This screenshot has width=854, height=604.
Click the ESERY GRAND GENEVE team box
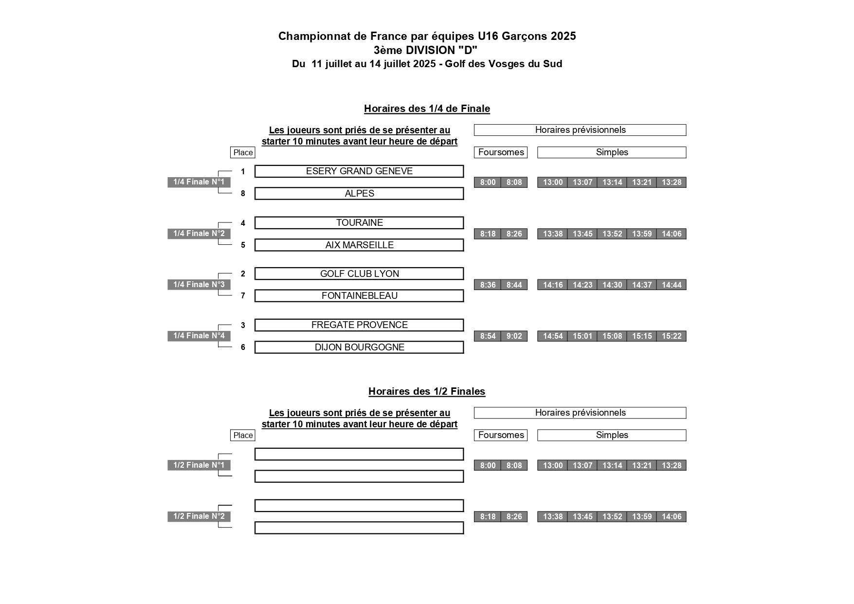coord(359,171)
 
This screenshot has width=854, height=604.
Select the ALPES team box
coord(359,194)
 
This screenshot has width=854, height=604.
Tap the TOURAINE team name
coord(359,223)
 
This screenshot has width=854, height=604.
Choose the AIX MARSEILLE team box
coord(359,245)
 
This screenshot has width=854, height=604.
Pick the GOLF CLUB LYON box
coord(359,274)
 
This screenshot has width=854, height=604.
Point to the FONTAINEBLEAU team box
coord(359,296)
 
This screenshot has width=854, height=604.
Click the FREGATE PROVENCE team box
coord(359,325)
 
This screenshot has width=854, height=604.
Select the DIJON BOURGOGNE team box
coord(359,348)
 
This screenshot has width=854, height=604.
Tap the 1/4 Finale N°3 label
coord(199,285)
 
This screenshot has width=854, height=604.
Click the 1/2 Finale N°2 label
coord(199,516)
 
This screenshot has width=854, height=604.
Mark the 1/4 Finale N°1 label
coord(199,182)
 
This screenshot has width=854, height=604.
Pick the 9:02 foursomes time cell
coord(514,336)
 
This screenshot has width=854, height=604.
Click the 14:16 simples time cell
coord(553,285)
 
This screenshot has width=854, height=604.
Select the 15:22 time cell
coord(672,336)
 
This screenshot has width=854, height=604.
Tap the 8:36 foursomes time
coord(488,285)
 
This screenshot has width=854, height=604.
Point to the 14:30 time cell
coord(612,285)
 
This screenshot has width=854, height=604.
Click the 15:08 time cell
coord(612,336)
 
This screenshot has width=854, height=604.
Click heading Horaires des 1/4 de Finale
coord(427,109)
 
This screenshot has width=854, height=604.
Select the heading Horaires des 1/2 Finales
coord(427,391)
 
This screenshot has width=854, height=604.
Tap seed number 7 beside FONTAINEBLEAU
coord(243,296)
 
